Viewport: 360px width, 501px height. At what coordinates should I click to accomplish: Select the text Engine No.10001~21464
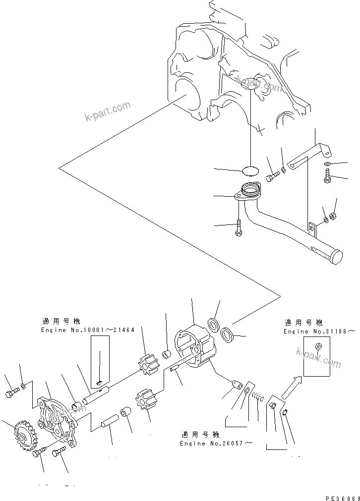click(x=88, y=330)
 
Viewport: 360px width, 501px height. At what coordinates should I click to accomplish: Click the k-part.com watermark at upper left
click(x=107, y=111)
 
